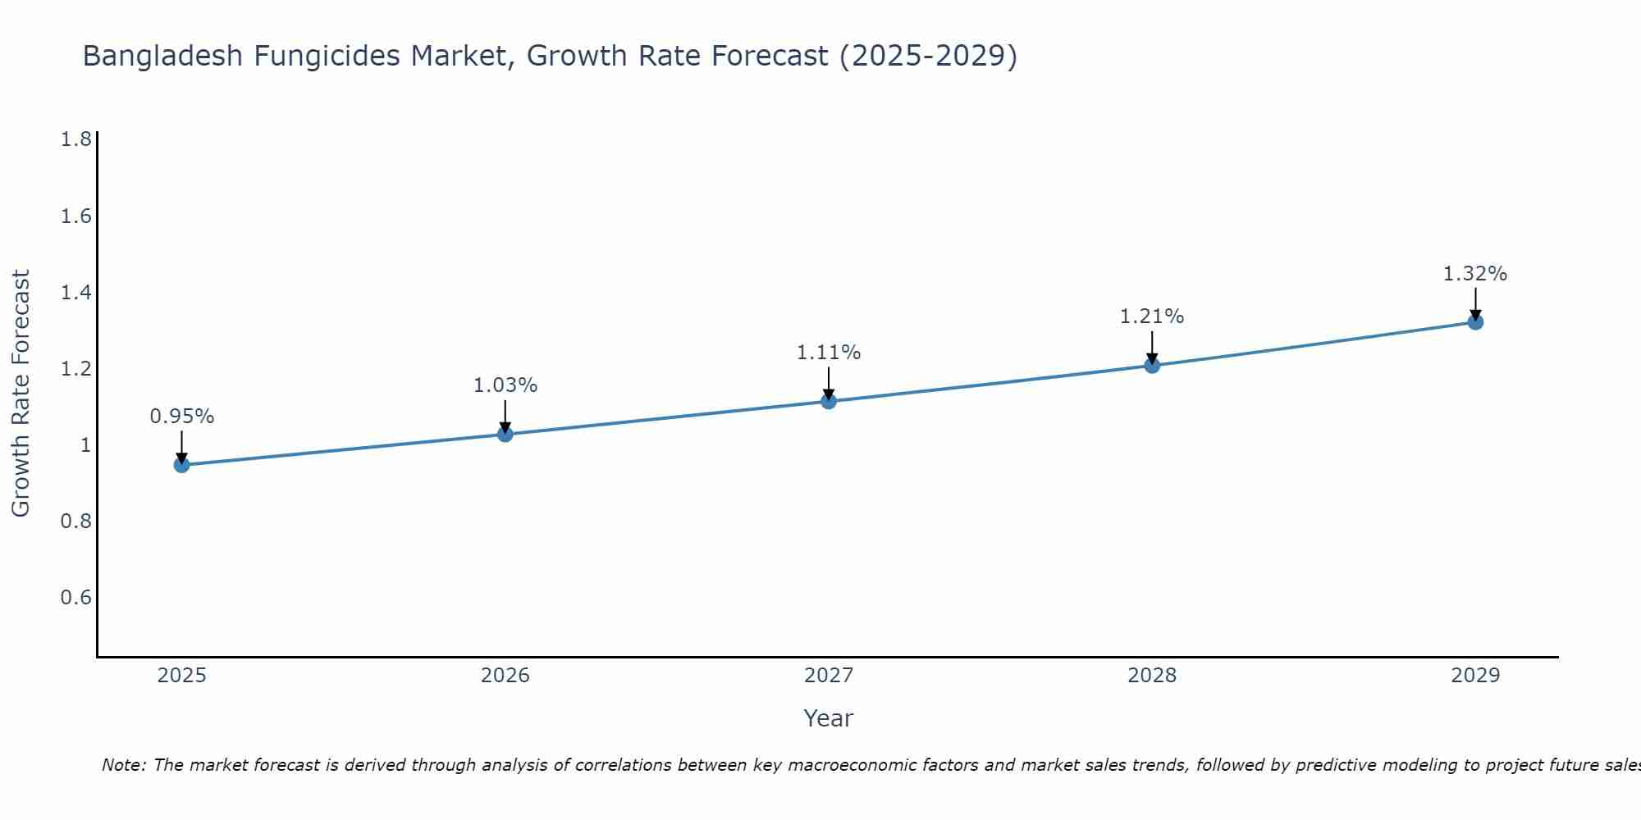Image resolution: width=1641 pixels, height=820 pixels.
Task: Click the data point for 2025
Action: click(x=182, y=465)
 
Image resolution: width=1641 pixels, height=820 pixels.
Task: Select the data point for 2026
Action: click(x=505, y=434)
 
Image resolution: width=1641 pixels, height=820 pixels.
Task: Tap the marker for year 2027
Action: click(x=829, y=401)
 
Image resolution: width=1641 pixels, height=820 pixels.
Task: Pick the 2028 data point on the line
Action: click(x=1152, y=365)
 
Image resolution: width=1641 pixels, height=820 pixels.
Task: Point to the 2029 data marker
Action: click(x=1475, y=322)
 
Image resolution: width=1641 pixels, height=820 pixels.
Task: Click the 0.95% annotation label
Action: click(x=182, y=417)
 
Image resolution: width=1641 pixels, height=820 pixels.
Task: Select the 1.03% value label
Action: click(x=505, y=385)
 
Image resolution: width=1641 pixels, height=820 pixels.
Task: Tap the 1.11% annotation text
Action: click(x=829, y=353)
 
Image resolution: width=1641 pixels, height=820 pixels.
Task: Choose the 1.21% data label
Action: click(x=1152, y=317)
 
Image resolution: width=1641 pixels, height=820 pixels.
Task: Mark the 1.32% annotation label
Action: click(x=1475, y=274)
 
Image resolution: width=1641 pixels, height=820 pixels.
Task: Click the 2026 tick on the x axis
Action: click(x=505, y=676)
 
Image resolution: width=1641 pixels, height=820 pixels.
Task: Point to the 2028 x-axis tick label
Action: click(x=1152, y=676)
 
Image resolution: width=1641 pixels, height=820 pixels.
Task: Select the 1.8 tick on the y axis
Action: click(x=76, y=139)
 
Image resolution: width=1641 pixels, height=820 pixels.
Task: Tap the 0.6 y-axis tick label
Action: click(x=76, y=597)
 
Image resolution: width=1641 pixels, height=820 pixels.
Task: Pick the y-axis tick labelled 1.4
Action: click(x=76, y=292)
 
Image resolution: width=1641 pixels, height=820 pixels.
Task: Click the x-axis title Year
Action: click(x=829, y=718)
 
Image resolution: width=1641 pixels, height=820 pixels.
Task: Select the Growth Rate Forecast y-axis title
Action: click(x=21, y=394)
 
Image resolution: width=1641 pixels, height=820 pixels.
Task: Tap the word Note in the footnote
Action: click(x=123, y=765)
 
